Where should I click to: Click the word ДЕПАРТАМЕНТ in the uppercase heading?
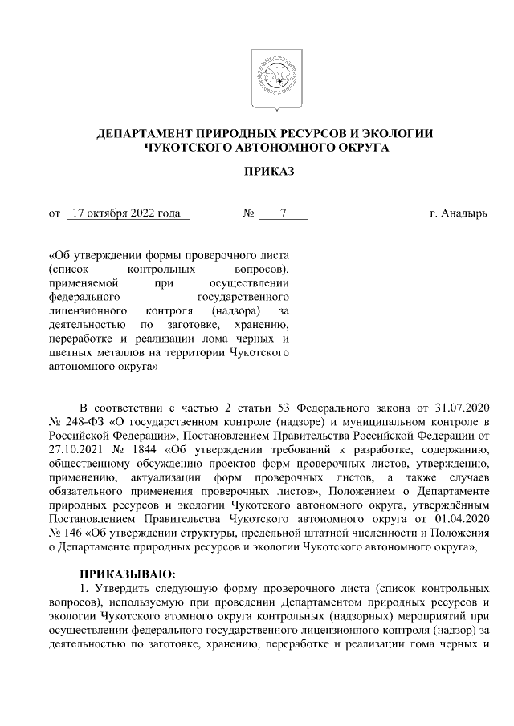click(141, 133)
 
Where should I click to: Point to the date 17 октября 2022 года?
click(126, 213)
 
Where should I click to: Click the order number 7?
click(283, 213)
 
